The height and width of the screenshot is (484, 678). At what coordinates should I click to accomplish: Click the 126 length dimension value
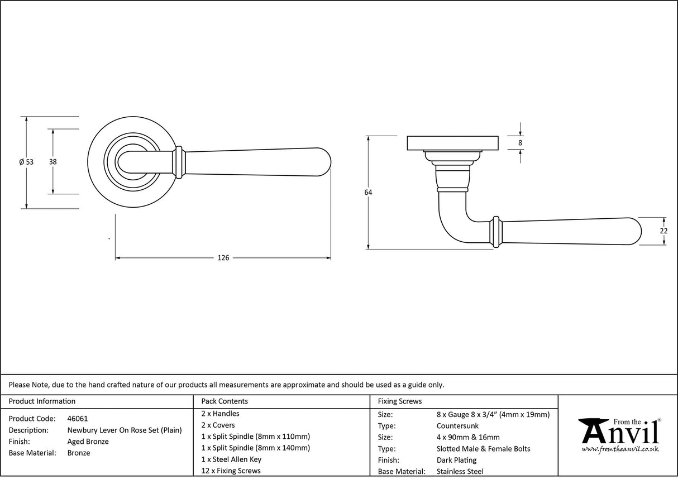[x=223, y=258]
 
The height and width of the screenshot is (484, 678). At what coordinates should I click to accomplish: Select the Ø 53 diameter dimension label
[x=26, y=162]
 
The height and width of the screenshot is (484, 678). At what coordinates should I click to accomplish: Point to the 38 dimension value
[x=53, y=162]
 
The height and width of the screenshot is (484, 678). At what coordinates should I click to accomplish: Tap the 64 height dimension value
[x=368, y=193]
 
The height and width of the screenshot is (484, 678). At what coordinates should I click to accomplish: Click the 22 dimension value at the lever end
[x=663, y=231]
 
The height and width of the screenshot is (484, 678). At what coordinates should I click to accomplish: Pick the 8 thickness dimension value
[x=521, y=143]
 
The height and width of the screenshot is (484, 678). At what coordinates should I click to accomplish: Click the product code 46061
[x=77, y=418]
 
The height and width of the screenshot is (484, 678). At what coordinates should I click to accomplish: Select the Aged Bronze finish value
[x=88, y=442]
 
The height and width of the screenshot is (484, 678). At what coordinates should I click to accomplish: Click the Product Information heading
[x=42, y=401]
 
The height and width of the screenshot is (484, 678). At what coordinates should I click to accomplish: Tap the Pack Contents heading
[x=225, y=401]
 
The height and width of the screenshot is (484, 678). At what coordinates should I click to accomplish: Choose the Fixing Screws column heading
[x=400, y=401]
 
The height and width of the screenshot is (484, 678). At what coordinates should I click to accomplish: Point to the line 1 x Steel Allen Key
[x=231, y=459]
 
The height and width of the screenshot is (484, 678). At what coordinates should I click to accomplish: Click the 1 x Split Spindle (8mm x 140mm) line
[x=255, y=448]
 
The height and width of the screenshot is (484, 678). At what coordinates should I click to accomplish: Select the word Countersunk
[x=457, y=426]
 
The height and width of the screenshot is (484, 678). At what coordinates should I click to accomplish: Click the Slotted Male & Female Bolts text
[x=483, y=449]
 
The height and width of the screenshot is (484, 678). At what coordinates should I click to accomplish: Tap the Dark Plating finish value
[x=456, y=461]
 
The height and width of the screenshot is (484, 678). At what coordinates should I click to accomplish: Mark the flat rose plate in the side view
[x=452, y=143]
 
